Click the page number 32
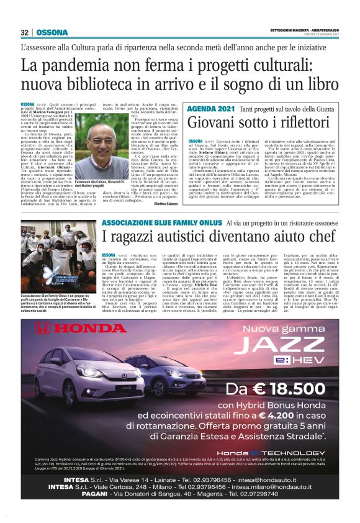25,32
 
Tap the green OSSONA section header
52,32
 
